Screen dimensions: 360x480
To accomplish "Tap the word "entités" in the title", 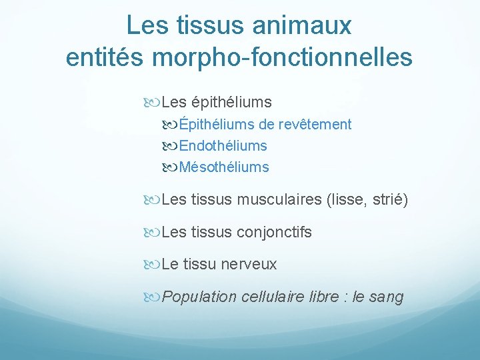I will click(x=105, y=57).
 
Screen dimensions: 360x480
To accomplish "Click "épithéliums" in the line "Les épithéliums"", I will click(x=231, y=103).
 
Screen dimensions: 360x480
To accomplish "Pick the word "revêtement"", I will click(x=315, y=125).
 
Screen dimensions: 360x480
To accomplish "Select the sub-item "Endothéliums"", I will click(x=223, y=146).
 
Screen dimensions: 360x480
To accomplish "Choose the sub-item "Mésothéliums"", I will click(x=224, y=167).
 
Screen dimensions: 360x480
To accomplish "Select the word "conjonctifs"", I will click(x=274, y=232).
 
